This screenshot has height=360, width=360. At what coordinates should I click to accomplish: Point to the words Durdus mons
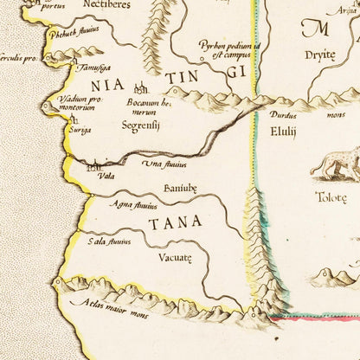click(298, 114)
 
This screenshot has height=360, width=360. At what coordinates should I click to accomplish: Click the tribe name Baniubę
click(179, 188)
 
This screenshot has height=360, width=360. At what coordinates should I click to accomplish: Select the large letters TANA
click(175, 223)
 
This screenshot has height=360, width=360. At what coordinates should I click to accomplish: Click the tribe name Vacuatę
click(174, 258)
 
